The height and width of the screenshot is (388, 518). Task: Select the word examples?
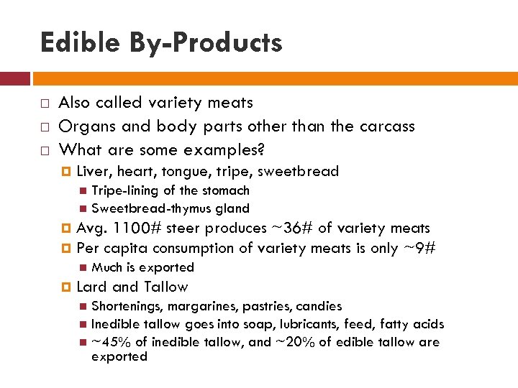click(225, 150)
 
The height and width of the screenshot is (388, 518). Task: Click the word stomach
click(227, 190)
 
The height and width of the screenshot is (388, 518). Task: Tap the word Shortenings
click(127, 306)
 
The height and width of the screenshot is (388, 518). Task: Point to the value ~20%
click(296, 342)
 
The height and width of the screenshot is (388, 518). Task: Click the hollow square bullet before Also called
click(44, 103)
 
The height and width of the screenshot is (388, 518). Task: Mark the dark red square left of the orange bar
click(14, 78)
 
